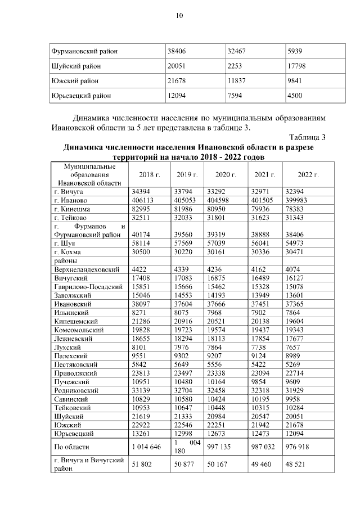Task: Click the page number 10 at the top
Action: (x=179, y=15)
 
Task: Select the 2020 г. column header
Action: (x=224, y=175)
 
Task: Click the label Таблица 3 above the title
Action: (x=308, y=137)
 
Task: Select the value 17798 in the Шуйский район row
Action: (x=297, y=65)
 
